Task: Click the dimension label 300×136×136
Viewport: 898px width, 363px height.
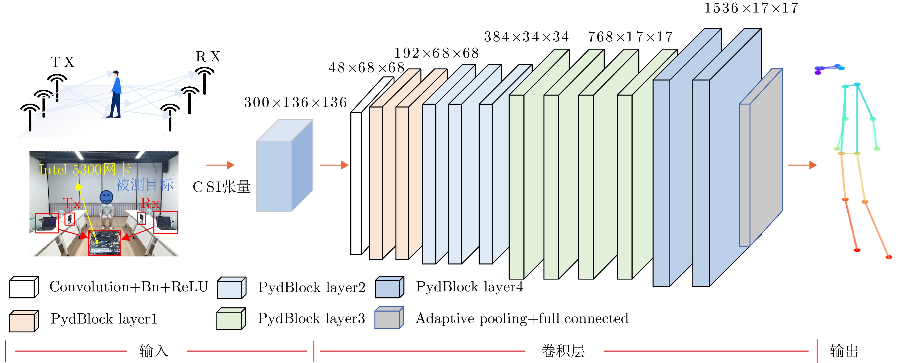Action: click(295, 102)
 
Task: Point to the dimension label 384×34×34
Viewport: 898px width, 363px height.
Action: click(526, 37)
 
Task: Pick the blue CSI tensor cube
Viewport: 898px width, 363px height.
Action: click(284, 166)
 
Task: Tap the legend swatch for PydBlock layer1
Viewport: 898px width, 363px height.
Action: click(23, 321)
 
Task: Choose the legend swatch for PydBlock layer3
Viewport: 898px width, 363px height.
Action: click(231, 319)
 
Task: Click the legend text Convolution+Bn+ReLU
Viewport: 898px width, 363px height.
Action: click(129, 287)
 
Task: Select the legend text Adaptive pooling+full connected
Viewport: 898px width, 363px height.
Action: click(522, 318)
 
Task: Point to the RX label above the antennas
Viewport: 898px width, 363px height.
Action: click(208, 57)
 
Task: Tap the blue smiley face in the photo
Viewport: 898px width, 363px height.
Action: click(106, 197)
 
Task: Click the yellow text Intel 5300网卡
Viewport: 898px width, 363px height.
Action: click(85, 169)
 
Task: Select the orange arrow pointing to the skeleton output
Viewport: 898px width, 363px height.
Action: click(802, 165)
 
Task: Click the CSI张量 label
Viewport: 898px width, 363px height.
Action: click(222, 187)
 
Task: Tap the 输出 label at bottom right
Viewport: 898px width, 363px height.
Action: click(844, 351)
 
